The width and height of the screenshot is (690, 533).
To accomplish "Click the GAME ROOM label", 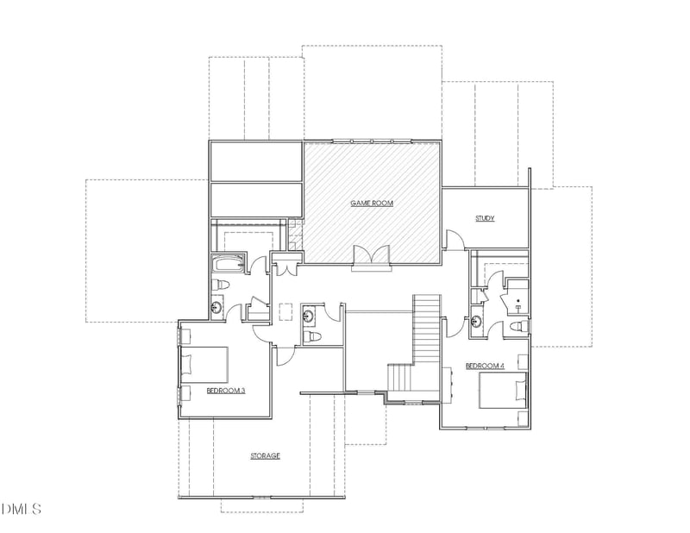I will [x=372, y=204].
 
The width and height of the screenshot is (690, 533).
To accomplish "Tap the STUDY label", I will [x=485, y=218].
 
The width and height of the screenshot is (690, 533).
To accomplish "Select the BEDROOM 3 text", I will [x=226, y=391].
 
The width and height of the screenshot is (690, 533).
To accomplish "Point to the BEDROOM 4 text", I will [x=485, y=366].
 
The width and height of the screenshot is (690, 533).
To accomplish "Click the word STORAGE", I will [x=265, y=455].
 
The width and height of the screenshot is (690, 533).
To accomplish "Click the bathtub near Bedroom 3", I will [x=229, y=263].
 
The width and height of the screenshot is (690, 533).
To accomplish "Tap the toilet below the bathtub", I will [x=221, y=285].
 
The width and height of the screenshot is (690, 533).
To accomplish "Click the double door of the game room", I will [x=372, y=256].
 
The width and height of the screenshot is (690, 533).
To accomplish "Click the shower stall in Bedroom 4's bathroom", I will [x=517, y=298].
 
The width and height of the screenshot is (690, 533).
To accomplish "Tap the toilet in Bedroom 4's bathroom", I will [x=514, y=326].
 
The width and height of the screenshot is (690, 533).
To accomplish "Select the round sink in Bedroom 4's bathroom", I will [x=478, y=323].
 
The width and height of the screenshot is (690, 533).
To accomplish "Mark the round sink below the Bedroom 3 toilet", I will [x=217, y=307].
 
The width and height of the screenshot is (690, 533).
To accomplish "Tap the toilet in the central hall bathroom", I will [x=312, y=335].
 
